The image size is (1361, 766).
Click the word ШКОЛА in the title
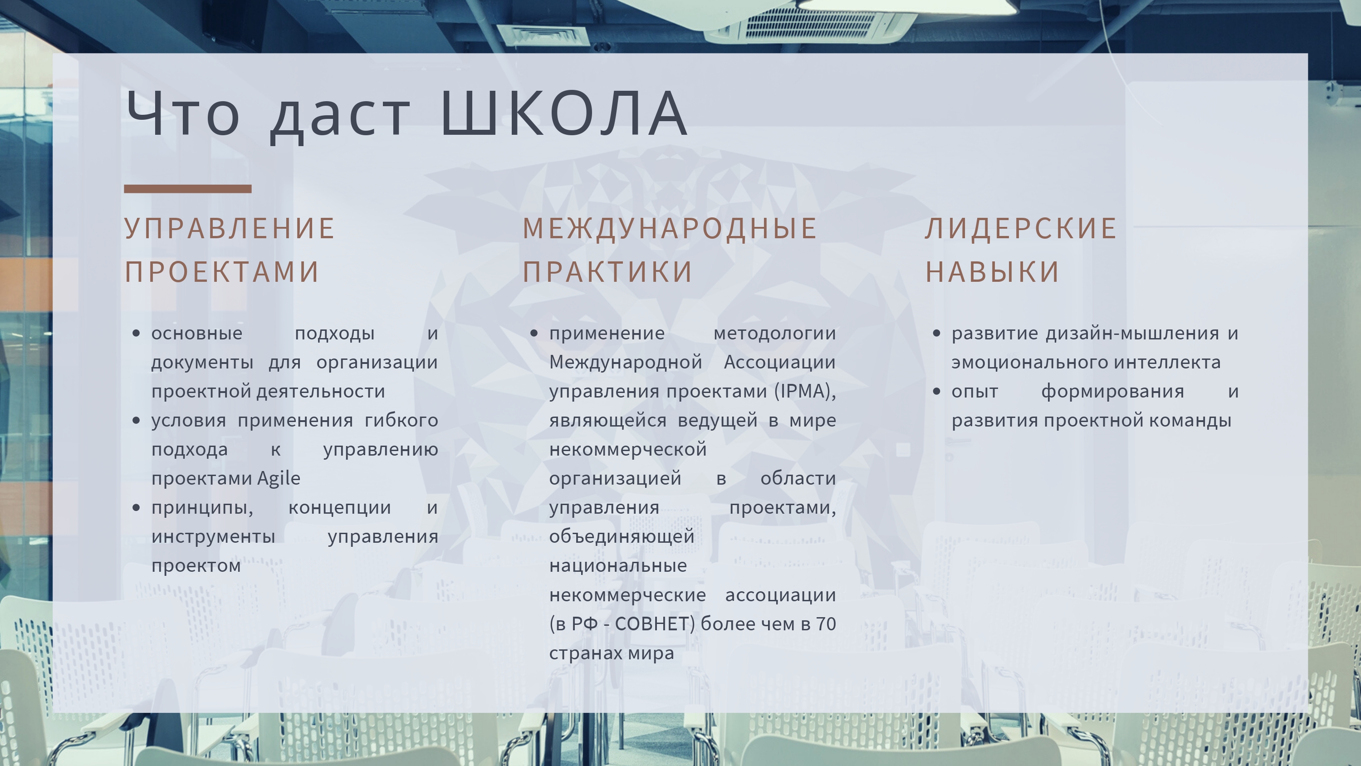(563, 113)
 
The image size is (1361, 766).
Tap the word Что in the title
(183, 113)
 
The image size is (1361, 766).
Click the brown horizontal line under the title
(187, 189)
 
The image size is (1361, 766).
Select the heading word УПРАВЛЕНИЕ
(229, 229)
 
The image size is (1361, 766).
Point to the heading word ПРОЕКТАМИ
(222, 272)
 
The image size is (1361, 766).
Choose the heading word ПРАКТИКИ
(607, 272)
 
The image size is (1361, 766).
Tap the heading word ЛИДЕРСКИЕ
(1021, 229)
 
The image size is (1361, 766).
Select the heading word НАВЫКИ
(992, 272)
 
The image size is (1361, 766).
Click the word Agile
(279, 479)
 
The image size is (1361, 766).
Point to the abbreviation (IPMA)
(805, 392)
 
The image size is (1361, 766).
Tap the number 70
(826, 624)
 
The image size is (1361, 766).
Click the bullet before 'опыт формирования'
(937, 392)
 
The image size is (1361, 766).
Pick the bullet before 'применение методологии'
(534, 334)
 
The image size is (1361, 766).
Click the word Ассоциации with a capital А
(780, 363)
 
